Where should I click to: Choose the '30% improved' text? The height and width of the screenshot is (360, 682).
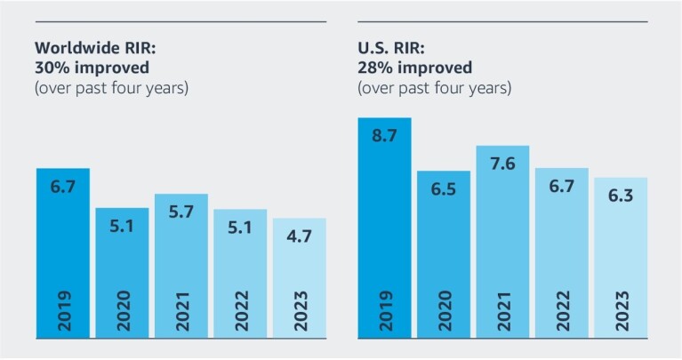[91, 68]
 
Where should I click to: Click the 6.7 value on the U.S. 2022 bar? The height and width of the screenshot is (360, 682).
[561, 188]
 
